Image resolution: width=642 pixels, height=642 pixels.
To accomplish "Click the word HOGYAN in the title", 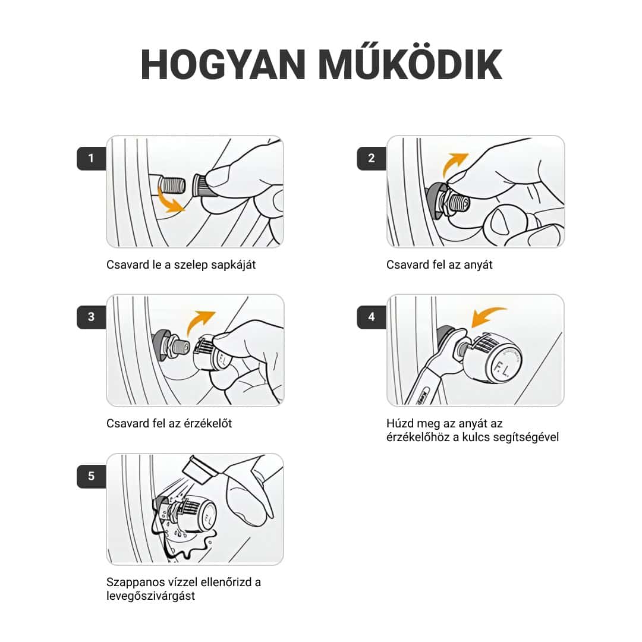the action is (224, 65).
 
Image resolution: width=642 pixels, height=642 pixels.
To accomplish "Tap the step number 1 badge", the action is (91, 158).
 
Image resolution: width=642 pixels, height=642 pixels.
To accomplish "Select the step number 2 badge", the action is (372, 158).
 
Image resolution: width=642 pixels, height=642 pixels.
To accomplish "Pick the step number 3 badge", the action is (91, 316).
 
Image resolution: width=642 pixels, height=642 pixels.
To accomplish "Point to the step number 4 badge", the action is (372, 316).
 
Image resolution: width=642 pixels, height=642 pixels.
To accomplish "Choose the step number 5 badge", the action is (91, 476).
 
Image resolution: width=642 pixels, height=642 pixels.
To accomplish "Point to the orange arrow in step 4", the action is (487, 314).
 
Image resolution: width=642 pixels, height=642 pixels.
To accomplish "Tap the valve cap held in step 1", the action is (201, 186).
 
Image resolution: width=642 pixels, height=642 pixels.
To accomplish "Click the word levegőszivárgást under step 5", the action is (150, 596).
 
